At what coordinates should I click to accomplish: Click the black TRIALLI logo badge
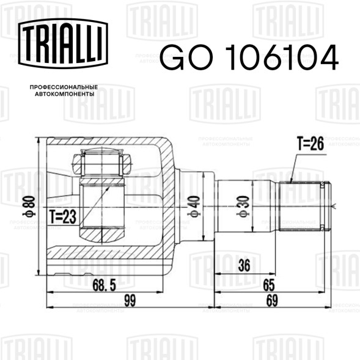(63, 43)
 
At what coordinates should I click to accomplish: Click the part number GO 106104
(249, 57)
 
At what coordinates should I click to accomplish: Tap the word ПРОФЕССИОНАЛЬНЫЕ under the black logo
(64, 87)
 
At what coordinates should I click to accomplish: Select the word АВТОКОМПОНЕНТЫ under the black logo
(65, 94)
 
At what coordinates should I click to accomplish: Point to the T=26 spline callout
(310, 143)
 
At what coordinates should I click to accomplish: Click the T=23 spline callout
(63, 217)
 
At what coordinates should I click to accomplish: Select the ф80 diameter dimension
(30, 207)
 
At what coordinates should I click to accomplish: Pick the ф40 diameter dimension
(194, 207)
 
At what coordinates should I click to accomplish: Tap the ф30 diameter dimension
(243, 207)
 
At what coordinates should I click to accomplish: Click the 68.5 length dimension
(104, 285)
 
